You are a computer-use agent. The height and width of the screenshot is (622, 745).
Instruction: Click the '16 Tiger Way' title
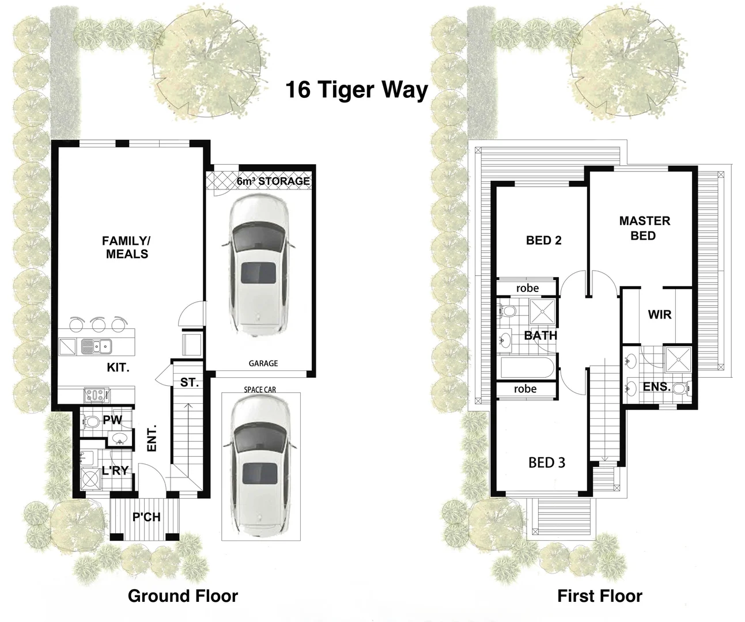click(357, 90)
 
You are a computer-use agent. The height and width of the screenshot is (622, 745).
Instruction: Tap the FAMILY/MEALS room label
click(126, 247)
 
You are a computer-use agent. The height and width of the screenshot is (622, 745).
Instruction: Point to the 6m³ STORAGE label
click(273, 181)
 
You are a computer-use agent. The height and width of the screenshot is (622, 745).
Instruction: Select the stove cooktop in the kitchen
click(96, 395)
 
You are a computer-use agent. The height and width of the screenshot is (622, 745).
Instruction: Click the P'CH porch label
click(146, 517)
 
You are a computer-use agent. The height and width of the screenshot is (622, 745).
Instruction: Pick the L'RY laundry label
click(115, 471)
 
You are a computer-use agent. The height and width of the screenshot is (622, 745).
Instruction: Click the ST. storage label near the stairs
click(189, 382)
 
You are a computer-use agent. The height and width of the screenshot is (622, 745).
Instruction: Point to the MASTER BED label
click(644, 228)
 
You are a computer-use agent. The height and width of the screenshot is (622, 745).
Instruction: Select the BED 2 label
click(543, 240)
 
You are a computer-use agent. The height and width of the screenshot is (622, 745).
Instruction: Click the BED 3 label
click(547, 462)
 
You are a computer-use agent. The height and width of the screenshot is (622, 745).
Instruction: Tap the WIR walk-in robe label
click(659, 314)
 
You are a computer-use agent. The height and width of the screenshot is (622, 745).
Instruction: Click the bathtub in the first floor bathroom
click(527, 367)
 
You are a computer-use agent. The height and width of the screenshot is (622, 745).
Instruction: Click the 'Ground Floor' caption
click(183, 596)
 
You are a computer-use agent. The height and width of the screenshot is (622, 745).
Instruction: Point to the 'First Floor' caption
click(599, 596)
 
